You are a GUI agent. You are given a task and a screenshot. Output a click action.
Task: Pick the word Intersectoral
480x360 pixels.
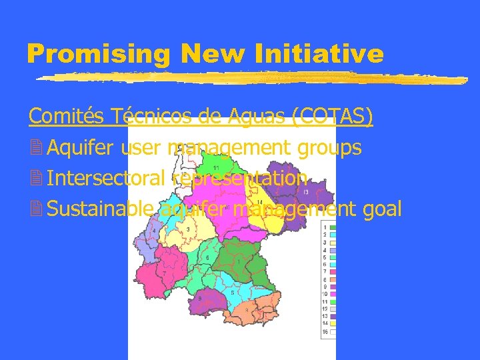tap(107, 179)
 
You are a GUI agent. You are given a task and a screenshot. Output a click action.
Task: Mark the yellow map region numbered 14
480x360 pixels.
tap(257, 200)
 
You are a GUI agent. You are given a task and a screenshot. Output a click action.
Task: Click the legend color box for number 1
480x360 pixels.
tap(331, 228)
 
